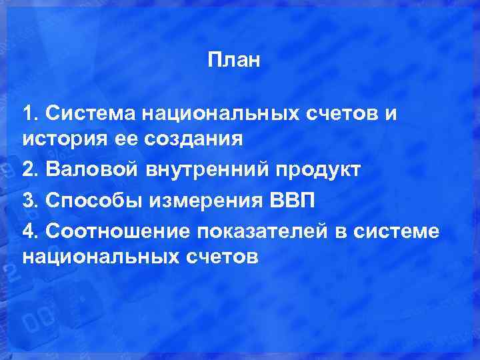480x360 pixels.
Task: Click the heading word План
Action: tap(233, 61)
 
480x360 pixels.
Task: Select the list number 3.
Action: tap(28, 200)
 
